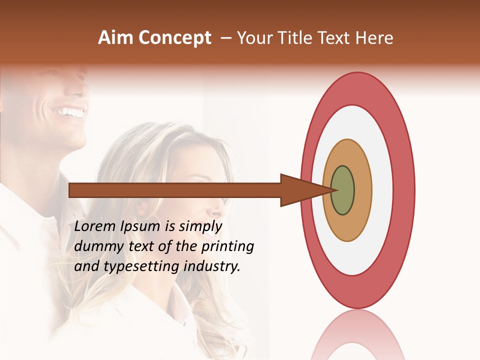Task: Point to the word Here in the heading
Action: click(x=374, y=38)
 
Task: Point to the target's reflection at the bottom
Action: click(x=357, y=335)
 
